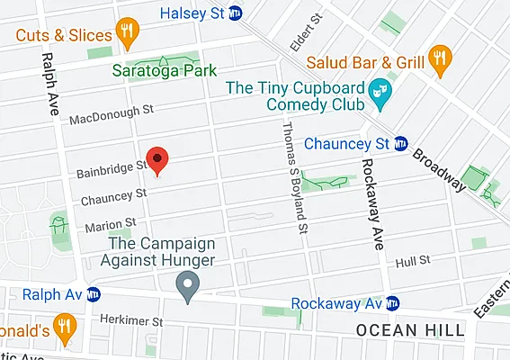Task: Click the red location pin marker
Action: (x=157, y=160)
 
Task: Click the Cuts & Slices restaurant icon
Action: (x=127, y=34)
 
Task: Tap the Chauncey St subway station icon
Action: (x=402, y=143)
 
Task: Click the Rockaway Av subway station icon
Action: (x=393, y=303)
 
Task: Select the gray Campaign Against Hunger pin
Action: (x=187, y=289)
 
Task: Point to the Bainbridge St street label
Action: (x=106, y=166)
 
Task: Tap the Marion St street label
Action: (x=111, y=222)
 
